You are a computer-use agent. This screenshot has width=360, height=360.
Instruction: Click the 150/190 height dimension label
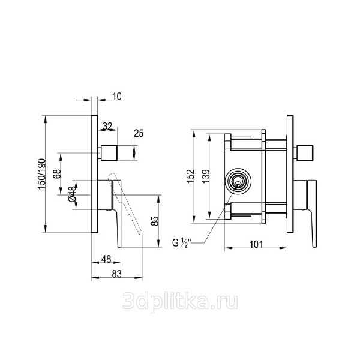click(x=42, y=174)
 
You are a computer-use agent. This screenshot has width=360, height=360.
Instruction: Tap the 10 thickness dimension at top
click(x=117, y=96)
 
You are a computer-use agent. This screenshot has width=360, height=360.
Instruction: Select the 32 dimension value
click(x=107, y=126)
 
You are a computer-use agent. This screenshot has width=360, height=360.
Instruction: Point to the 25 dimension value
click(x=139, y=133)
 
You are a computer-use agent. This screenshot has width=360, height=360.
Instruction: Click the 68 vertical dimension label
click(x=57, y=174)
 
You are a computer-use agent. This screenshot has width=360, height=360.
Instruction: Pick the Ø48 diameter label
click(x=72, y=194)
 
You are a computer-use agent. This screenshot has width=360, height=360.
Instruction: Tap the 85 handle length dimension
click(x=155, y=221)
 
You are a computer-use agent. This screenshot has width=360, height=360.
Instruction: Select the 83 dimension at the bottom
click(x=116, y=274)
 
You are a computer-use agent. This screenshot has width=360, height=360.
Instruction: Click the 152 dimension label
click(x=190, y=176)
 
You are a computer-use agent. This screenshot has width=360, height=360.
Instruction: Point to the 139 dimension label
click(x=206, y=176)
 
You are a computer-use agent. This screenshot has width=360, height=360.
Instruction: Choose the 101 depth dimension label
click(x=256, y=245)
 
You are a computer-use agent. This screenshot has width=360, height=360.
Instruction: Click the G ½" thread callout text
click(x=180, y=242)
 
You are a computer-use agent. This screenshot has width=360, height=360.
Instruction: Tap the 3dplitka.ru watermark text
click(x=180, y=301)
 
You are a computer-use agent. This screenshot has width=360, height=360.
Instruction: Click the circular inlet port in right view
click(x=238, y=181)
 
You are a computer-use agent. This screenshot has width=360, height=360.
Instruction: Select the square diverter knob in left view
click(x=109, y=153)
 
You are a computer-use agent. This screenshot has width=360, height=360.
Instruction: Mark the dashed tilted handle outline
click(x=125, y=203)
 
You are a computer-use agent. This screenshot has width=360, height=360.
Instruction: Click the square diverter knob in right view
click(x=305, y=153)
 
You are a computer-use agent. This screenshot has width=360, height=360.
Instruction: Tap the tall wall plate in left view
click(x=94, y=174)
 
